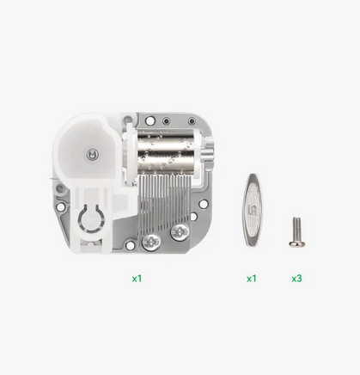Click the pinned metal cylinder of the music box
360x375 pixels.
[165, 150]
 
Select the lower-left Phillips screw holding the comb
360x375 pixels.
[152, 242]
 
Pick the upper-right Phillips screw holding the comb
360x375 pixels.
[180, 231]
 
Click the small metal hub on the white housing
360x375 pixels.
[93, 155]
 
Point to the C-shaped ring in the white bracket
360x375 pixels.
[90, 220]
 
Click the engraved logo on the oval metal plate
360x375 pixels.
[253, 210]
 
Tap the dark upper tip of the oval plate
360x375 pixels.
[253, 176]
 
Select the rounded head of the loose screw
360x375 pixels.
[297, 243]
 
